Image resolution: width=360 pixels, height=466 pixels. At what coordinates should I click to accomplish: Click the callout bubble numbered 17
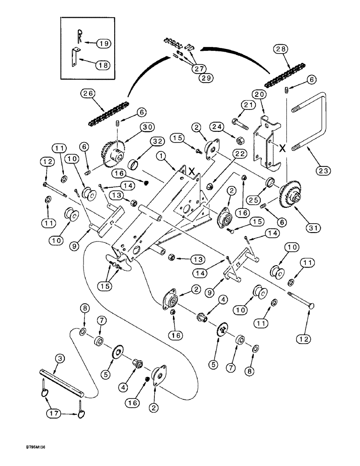pos(57,414)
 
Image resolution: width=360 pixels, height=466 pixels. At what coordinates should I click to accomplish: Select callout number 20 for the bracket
pos(261,95)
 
